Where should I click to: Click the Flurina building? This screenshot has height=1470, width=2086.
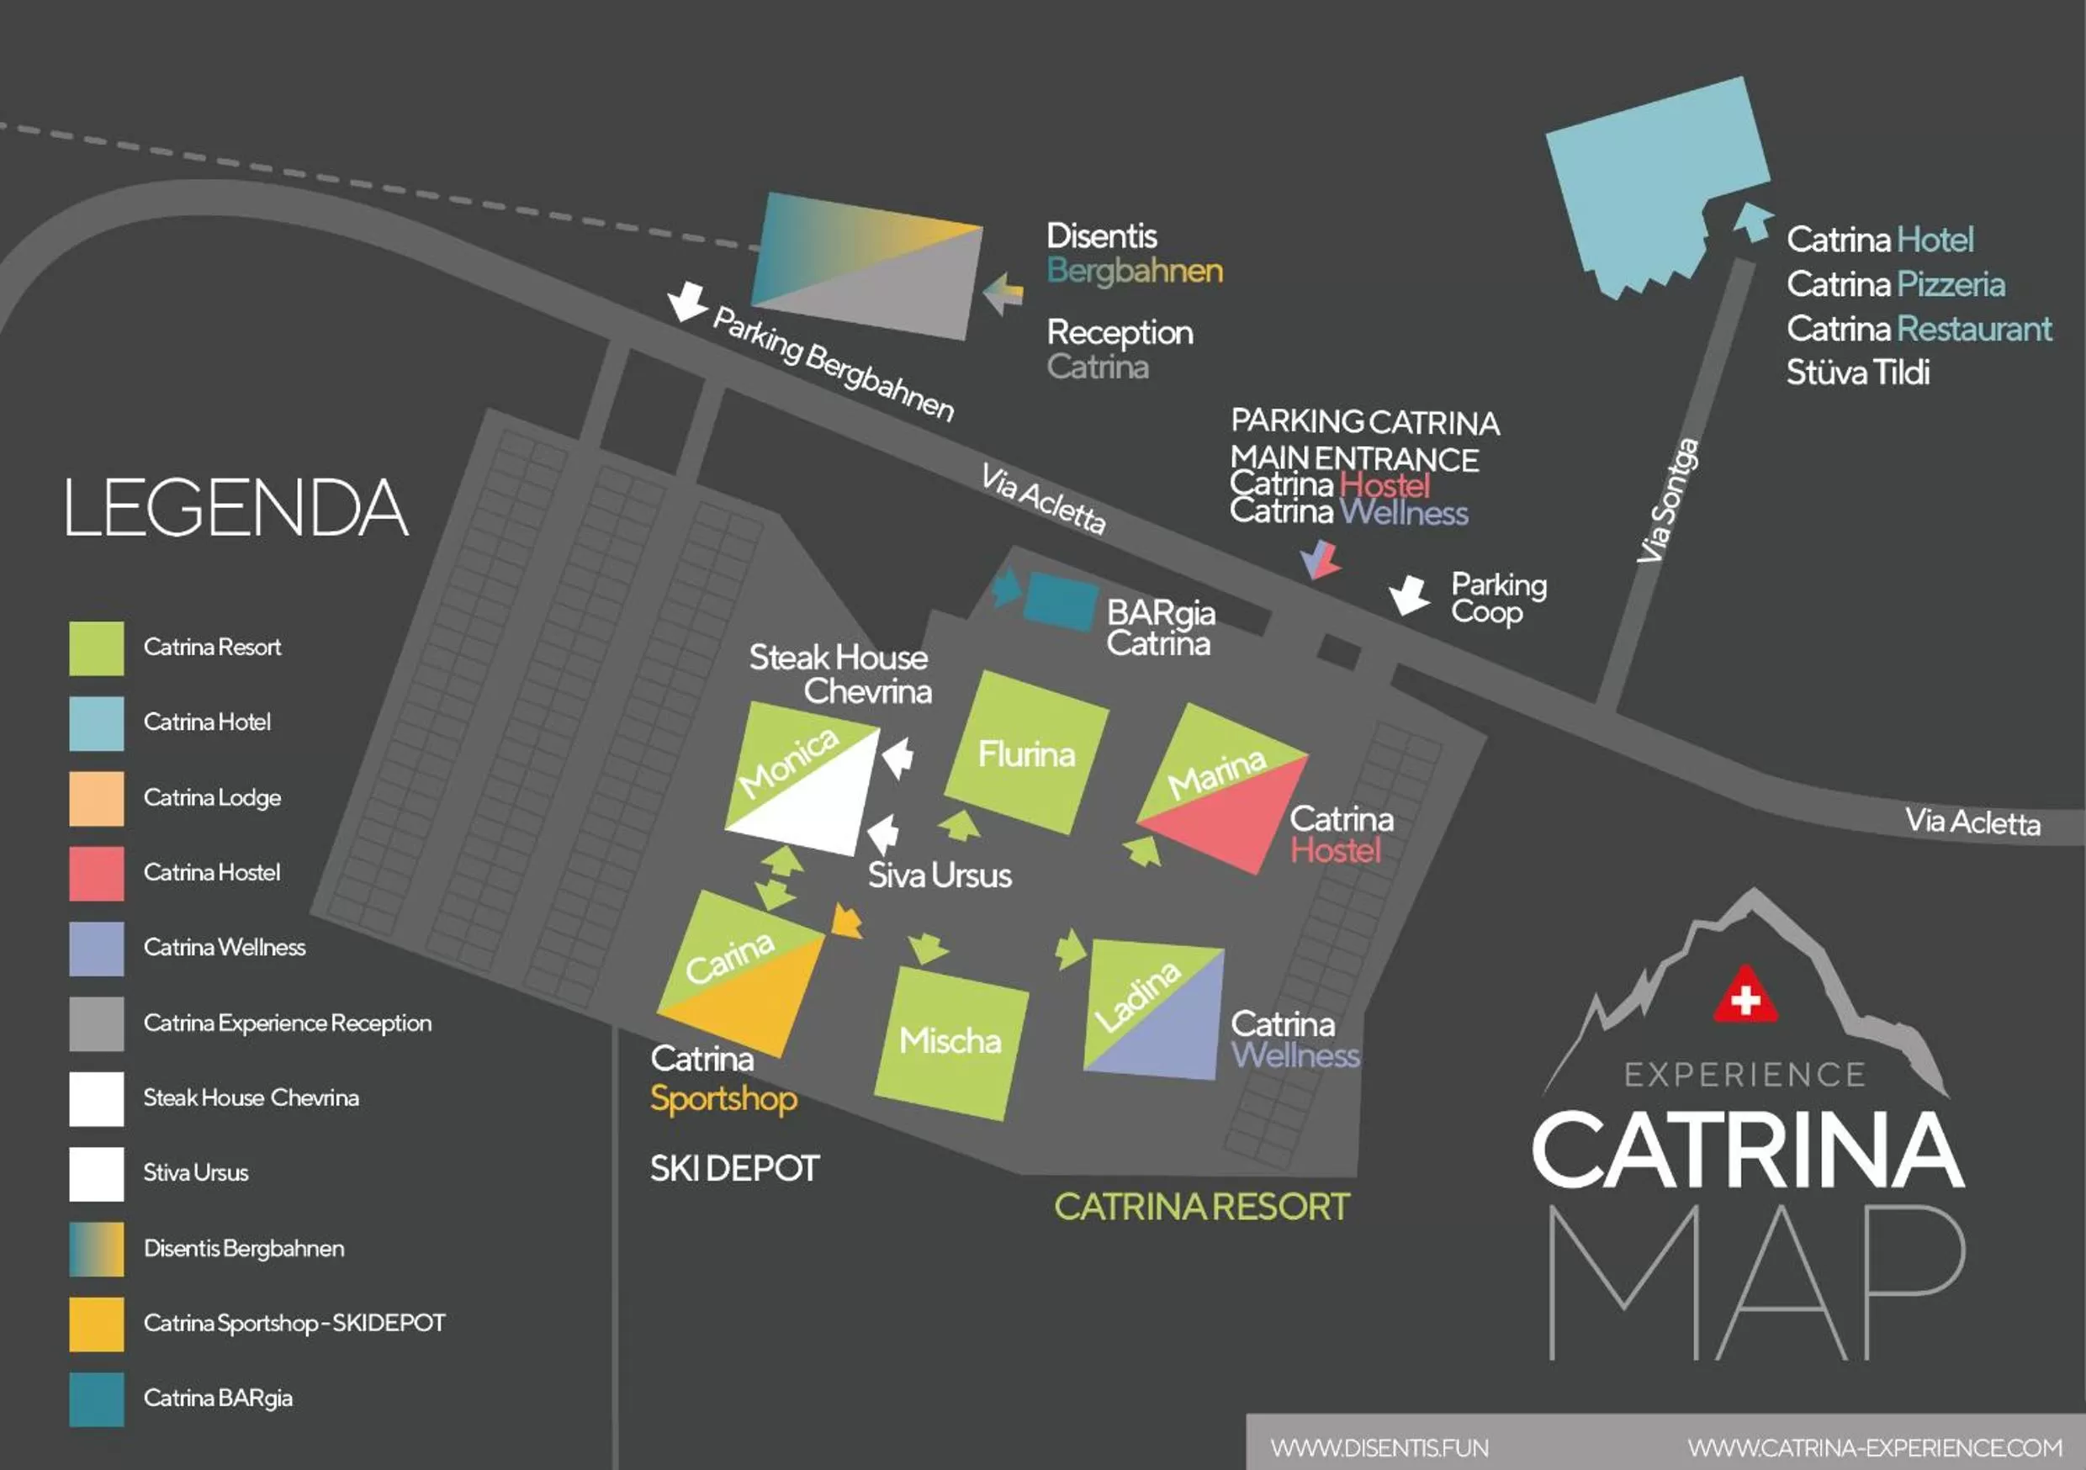pos(1027,753)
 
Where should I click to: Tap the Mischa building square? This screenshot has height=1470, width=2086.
pos(950,1042)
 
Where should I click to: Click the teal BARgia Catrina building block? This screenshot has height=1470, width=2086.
pos(1059,601)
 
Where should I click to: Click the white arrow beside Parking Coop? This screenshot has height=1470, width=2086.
pos(1409,595)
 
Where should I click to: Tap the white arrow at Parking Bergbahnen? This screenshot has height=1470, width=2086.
pos(687,300)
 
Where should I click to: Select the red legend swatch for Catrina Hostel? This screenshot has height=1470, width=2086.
pos(96,873)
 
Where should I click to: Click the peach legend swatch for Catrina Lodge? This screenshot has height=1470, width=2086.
pos(96,798)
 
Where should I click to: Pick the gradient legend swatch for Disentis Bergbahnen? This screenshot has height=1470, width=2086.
pos(96,1248)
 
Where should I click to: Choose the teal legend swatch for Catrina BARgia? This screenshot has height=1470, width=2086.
pos(96,1399)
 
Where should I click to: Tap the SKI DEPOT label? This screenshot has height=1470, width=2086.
pos(734,1168)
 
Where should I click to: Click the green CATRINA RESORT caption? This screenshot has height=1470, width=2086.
pos(1201,1207)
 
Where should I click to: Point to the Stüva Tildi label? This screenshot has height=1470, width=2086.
pos(1857,373)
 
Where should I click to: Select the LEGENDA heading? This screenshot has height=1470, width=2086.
pos(236,508)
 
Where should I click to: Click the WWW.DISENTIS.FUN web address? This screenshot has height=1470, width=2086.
pos(1379,1447)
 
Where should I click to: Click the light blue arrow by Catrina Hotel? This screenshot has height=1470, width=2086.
pos(1753,221)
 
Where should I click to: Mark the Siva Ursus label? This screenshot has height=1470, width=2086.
pos(940,875)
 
